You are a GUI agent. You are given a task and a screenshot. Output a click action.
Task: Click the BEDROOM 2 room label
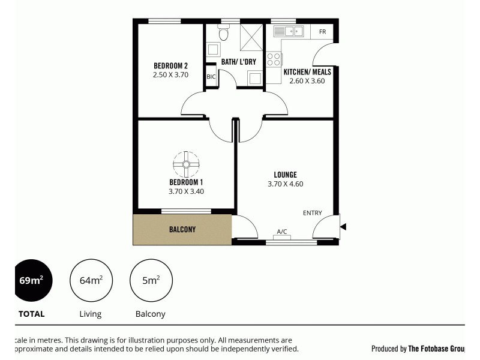pos(170,66)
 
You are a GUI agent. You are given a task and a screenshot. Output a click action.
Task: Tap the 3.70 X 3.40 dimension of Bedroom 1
pos(186,191)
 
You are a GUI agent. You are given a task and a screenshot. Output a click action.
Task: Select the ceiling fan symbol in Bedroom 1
pos(186,163)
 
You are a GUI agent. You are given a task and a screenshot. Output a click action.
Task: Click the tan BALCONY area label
pos(182,229)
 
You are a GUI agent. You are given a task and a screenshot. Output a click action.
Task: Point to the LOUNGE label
pos(285,175)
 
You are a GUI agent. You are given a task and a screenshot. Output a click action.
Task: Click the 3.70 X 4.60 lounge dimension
pos(285,184)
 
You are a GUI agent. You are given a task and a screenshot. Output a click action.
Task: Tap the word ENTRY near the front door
pos(312,213)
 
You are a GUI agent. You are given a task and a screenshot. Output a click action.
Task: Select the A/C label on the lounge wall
pos(282,231)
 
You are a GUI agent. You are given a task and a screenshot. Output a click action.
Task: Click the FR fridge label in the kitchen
pos(322,32)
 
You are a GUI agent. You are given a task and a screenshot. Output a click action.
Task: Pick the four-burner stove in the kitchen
pos(274,59)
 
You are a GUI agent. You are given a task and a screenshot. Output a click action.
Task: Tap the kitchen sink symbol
pos(288,31)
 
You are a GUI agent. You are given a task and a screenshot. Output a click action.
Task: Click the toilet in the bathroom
pos(224,33)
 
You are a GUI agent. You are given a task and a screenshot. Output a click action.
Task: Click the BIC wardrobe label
pos(211,76)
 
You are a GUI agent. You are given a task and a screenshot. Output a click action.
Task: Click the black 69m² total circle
pos(33,280)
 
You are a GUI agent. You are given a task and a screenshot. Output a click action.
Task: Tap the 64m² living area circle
pos(91,280)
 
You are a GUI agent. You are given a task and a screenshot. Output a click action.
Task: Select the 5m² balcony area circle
pos(151,280)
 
